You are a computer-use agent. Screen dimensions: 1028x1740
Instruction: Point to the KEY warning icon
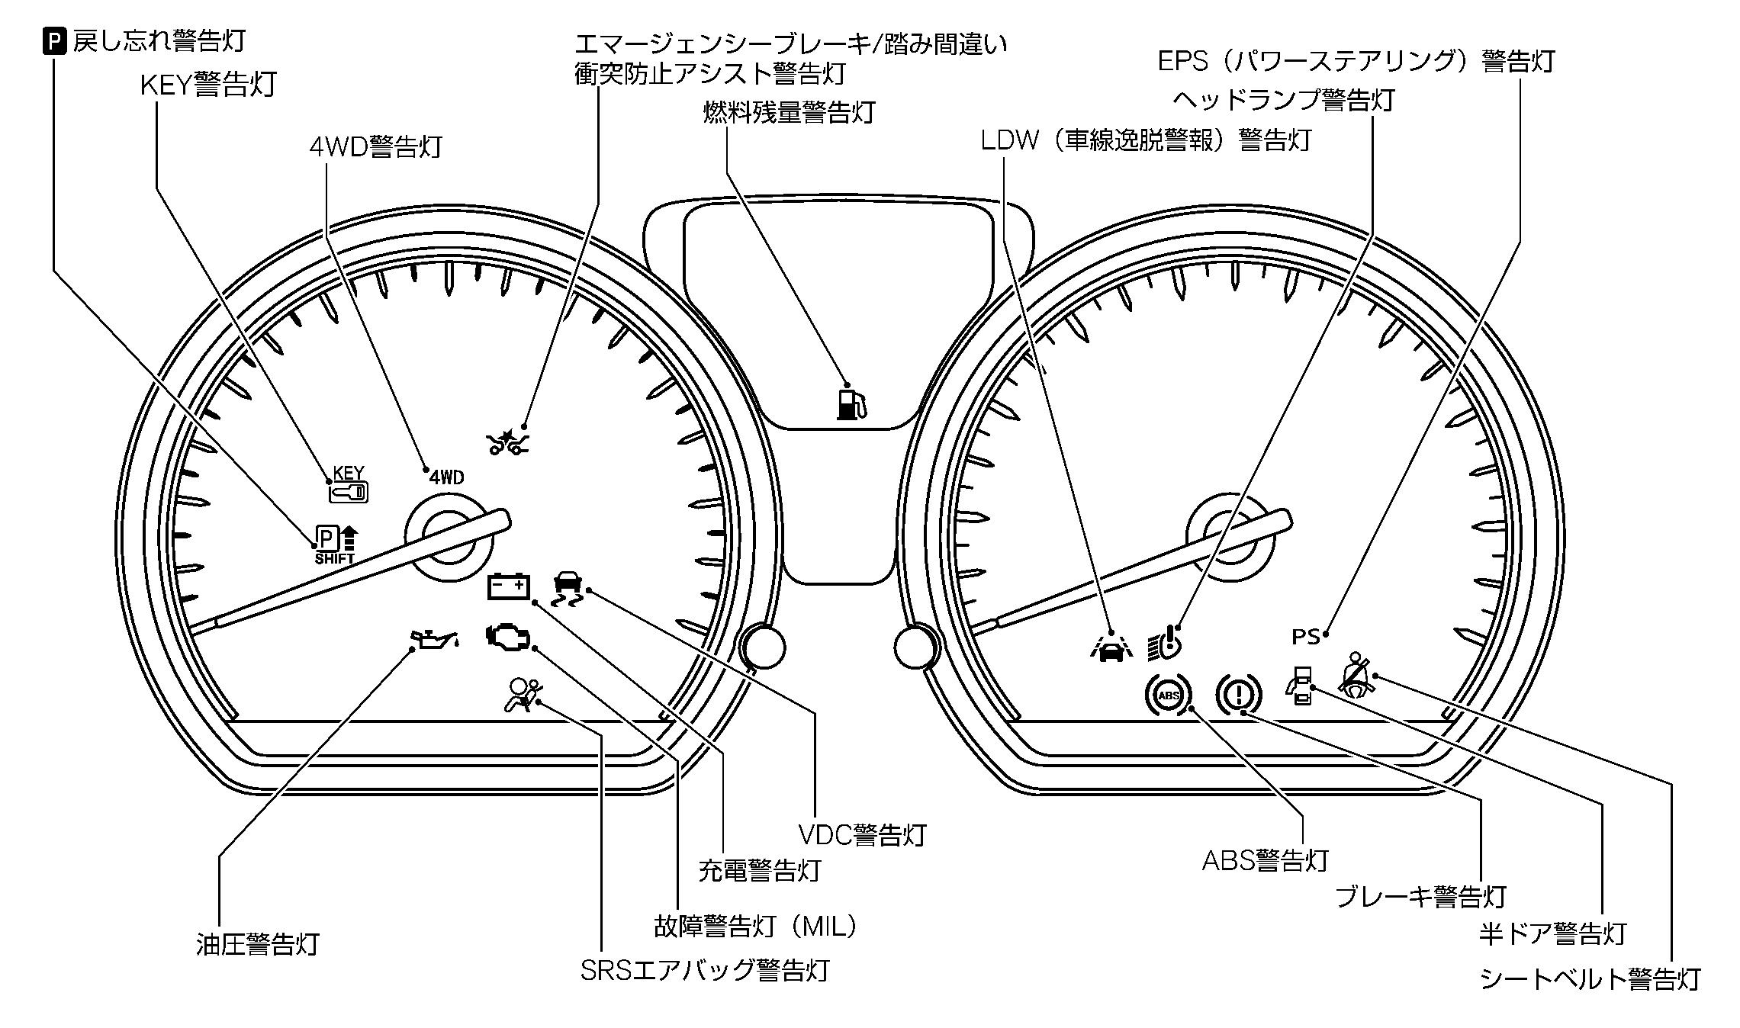349,485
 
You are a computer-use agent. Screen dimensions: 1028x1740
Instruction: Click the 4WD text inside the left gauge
446,478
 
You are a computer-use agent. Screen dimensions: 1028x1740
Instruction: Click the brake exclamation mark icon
1238,694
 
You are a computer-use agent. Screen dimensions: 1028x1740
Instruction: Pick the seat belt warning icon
1356,676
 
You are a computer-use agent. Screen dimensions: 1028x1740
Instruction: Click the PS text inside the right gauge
1305,635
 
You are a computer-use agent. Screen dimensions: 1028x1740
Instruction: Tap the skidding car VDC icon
566,588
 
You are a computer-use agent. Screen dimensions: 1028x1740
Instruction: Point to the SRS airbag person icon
523,695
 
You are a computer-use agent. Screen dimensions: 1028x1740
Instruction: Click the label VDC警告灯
862,835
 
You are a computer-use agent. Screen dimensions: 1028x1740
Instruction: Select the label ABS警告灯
1265,860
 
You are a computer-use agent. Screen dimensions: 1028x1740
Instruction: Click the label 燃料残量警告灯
789,113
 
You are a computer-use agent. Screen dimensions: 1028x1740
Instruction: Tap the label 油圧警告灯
257,944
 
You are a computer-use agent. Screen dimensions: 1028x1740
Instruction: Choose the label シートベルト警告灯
1590,978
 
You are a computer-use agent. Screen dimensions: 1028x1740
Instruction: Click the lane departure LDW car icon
1112,648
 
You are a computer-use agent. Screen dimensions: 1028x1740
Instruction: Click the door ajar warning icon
1300,684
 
